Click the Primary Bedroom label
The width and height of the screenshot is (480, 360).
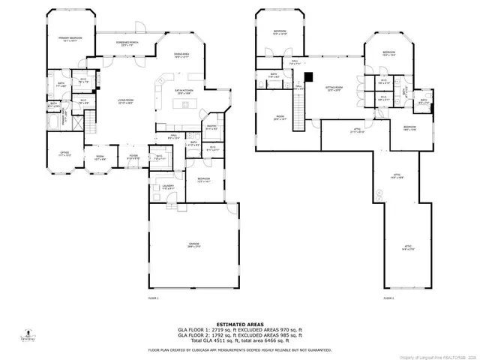[x=71, y=38]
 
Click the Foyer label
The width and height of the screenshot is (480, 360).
[x=133, y=156]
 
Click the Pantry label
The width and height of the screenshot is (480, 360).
[x=211, y=127]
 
